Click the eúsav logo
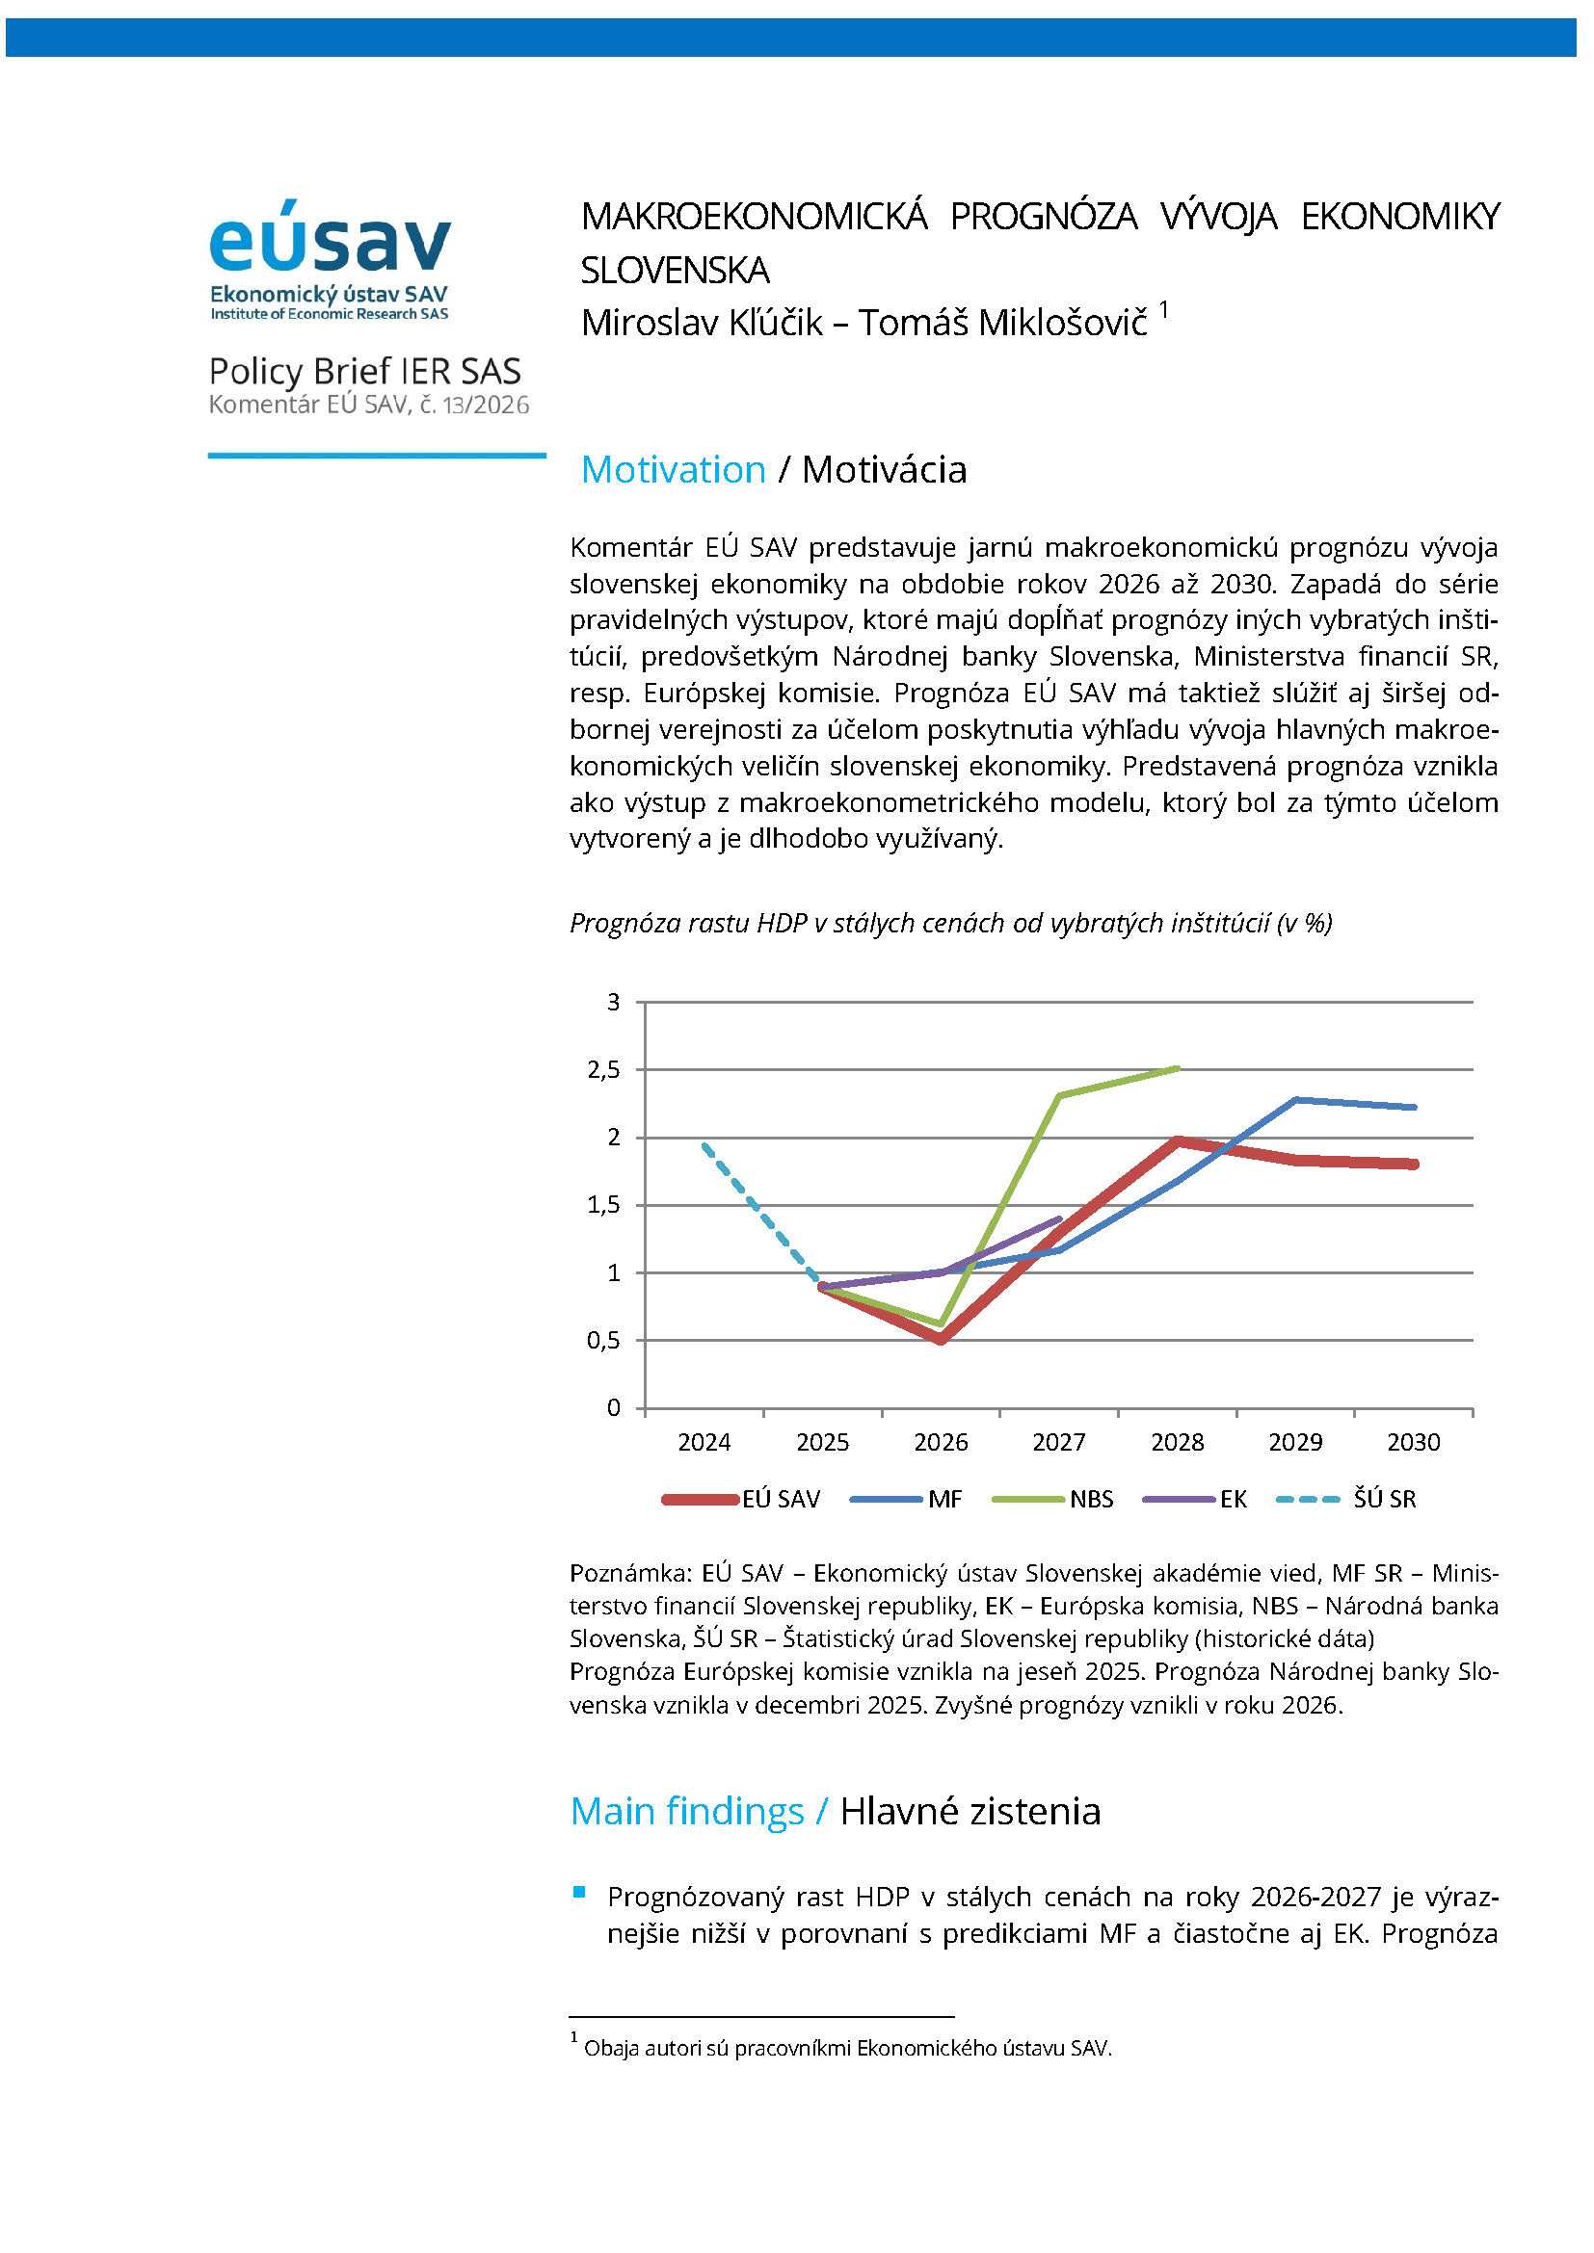[330, 259]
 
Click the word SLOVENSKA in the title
[676, 270]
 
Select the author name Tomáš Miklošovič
[1002, 323]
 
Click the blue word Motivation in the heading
[674, 470]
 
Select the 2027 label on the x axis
[1059, 1443]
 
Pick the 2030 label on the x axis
[1414, 1443]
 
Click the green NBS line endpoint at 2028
[1178, 1067]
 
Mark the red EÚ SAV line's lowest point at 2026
[941, 1340]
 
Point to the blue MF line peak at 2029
[1295, 1099]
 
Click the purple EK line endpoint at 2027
[1060, 1218]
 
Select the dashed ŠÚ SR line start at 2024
[704, 1144]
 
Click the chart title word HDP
[783, 924]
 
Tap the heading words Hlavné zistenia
[970, 1812]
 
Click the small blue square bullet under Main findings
[579, 1891]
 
